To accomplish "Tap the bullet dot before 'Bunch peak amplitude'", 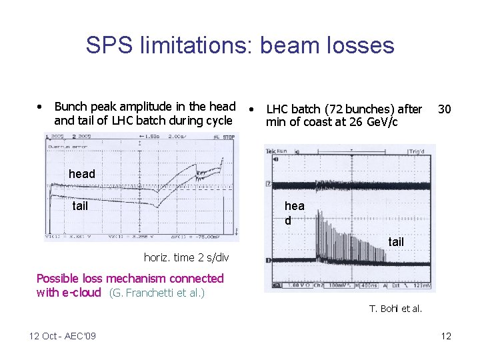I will tap(41, 107).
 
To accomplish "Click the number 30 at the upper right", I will tap(445, 109).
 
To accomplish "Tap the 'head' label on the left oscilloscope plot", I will tap(82, 174).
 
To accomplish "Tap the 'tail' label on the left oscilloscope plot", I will tap(80, 206).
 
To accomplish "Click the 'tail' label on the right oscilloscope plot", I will tap(396, 242).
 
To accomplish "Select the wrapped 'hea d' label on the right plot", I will tap(293, 213).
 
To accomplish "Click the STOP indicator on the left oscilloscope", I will tap(228, 137).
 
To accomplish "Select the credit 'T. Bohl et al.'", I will tap(396, 308).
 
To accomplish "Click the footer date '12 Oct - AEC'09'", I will tap(63, 336).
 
